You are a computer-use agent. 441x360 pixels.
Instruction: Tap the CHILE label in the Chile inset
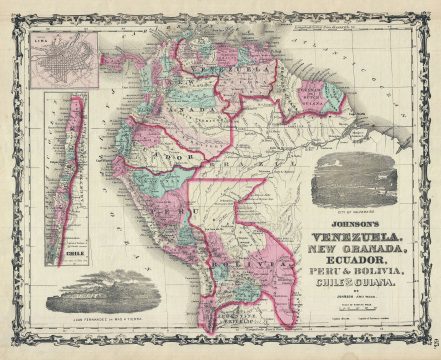pyautogui.click(x=70, y=253)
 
